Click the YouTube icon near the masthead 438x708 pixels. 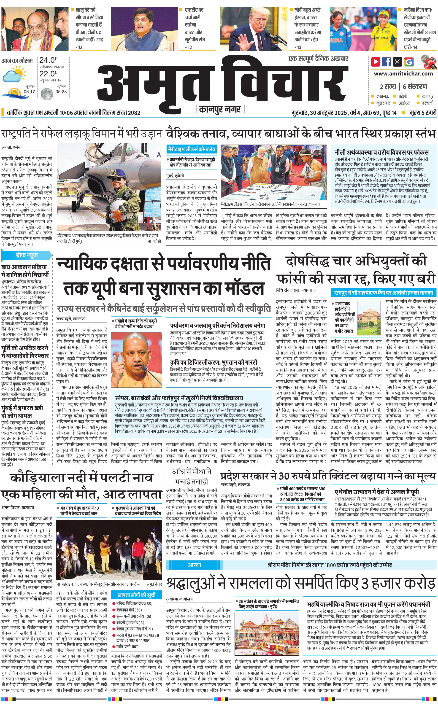(376, 62)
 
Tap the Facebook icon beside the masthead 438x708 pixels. (387, 62)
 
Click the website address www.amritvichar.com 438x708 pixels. (403, 74)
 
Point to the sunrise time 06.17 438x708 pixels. (29, 92)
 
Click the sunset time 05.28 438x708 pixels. (61, 92)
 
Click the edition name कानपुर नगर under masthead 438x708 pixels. (220, 109)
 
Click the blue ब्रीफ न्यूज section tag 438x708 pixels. (27, 255)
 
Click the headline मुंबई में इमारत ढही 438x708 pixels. (22, 412)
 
